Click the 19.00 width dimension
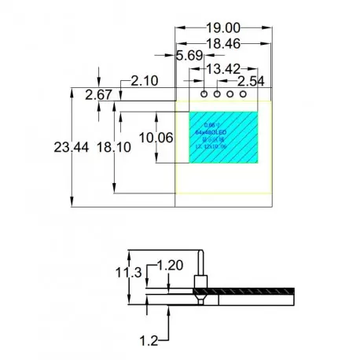pyautogui.click(x=222, y=25)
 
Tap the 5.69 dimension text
pyautogui.click(x=189, y=56)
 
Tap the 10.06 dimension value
pyautogui.click(x=156, y=138)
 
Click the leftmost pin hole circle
pyautogui.click(x=204, y=94)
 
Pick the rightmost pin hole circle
pyautogui.click(x=244, y=94)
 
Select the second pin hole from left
pyautogui.click(x=218, y=94)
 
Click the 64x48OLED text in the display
pyautogui.click(x=211, y=134)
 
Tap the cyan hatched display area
pyautogui.click(x=236, y=149)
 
